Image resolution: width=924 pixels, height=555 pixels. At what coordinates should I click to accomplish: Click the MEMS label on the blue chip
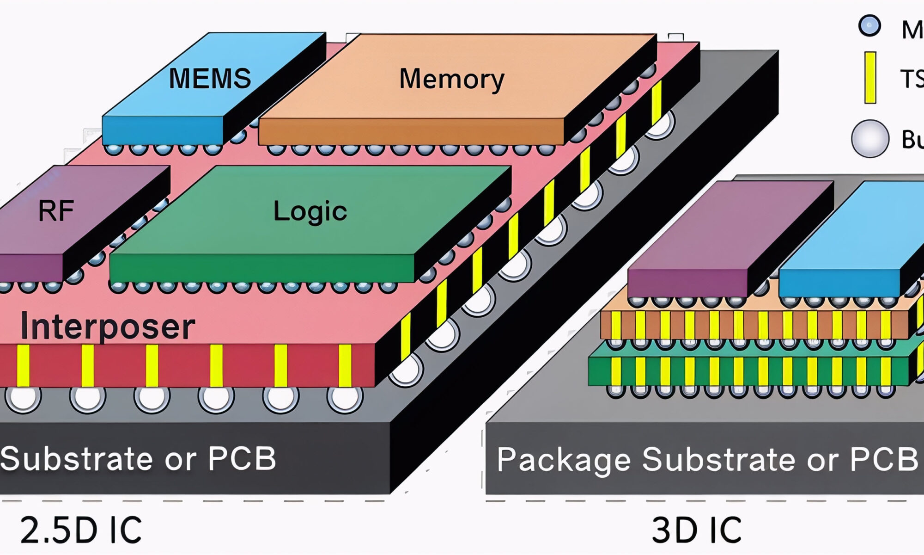tap(210, 78)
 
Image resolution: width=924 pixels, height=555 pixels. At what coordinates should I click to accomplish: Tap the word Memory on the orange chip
tap(451, 79)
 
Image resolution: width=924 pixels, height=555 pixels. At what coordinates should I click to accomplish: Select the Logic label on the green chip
tap(310, 211)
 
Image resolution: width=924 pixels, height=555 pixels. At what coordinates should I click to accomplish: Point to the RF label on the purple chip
tap(56, 211)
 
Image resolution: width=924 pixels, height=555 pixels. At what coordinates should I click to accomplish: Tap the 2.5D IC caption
tap(81, 530)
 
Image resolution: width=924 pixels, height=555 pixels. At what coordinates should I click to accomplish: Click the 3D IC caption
tap(696, 530)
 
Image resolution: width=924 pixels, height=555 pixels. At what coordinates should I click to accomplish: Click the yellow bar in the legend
tap(870, 77)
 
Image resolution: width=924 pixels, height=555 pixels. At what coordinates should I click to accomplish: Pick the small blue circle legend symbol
tap(869, 26)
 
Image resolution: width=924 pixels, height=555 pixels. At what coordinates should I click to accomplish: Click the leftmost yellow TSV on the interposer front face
tap(23, 365)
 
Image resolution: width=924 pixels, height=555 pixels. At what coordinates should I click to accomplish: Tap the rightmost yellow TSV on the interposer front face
tap(345, 365)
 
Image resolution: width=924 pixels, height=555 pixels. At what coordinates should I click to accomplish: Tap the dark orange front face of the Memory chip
tap(411, 131)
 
